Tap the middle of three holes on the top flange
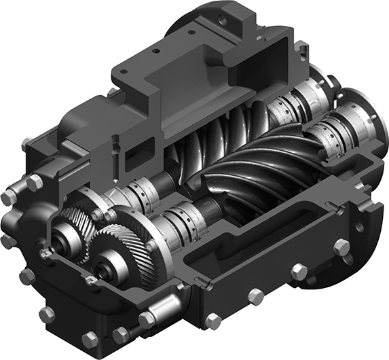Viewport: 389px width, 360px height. pos(155,51)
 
